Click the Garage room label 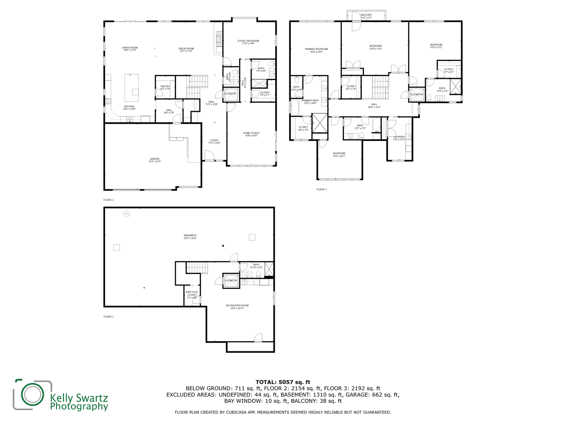[154, 160]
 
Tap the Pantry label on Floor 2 [165, 88]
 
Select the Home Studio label [251, 134]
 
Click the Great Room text [186, 50]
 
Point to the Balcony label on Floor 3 [366, 16]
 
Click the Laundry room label [399, 138]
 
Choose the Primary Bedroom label [316, 50]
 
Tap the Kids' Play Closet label [192, 295]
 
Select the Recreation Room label [237, 307]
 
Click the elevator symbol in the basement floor [231, 280]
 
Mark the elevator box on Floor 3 [417, 95]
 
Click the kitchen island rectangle [132, 88]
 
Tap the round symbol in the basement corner [127, 214]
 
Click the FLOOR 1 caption [108, 316]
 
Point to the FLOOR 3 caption [322, 189]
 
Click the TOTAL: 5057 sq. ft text [283, 382]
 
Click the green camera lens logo [32, 394]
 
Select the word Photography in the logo [79, 406]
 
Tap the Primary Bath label [310, 102]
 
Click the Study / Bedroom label [248, 42]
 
